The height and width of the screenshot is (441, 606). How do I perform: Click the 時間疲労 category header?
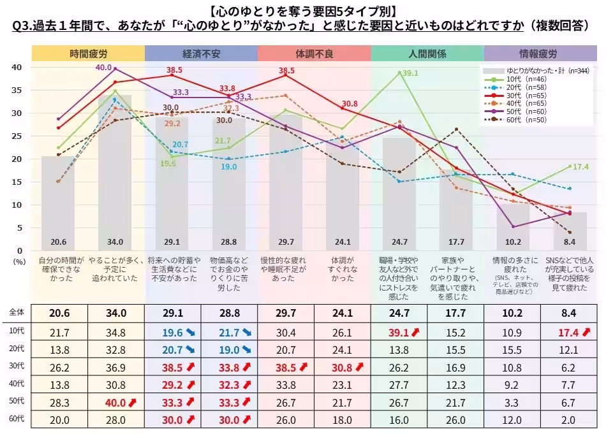(88, 54)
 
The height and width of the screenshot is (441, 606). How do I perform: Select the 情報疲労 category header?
(541, 54)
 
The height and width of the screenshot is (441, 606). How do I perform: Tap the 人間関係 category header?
(427, 54)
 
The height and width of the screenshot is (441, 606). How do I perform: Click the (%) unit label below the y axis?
(20, 261)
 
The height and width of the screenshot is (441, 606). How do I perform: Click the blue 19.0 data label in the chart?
(229, 167)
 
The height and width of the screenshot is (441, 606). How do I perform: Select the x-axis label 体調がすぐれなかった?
(343, 269)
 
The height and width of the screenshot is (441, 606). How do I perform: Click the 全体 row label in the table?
(16, 312)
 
